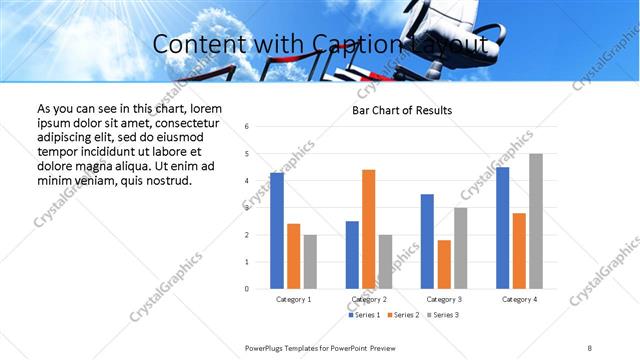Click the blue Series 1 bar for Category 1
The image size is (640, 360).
[277, 231]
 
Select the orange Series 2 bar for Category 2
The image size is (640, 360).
[368, 229]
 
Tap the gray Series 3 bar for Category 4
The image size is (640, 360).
[536, 221]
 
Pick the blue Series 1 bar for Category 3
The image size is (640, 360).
[427, 241]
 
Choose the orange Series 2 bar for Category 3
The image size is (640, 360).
[444, 264]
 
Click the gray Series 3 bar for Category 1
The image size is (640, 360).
[310, 262]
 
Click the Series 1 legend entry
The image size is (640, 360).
[364, 315]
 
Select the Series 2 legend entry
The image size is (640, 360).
[402, 315]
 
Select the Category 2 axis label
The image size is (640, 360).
[368, 299]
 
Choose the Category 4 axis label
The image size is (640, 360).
[519, 299]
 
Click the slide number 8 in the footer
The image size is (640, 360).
[590, 347]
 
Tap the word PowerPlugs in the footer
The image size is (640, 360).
[265, 347]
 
